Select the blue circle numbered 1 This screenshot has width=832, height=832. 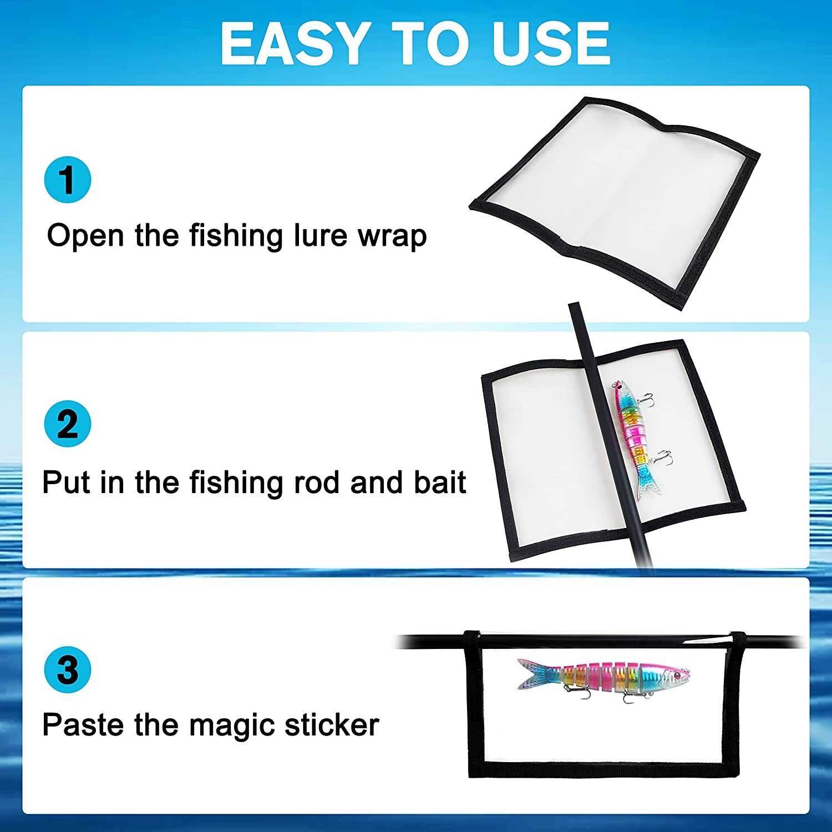click(x=68, y=180)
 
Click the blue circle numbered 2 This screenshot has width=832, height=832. click(x=68, y=424)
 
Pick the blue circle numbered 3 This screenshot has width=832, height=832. click(x=68, y=669)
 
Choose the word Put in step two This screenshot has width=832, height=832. click(x=65, y=482)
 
